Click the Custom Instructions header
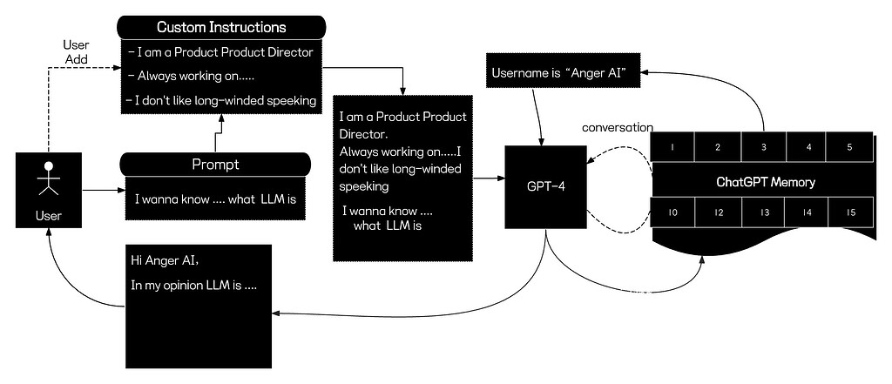coord(221,28)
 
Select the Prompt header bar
coord(215,164)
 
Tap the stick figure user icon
coord(49,179)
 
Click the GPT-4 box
coord(544,186)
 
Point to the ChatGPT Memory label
coord(762,182)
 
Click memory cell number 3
coord(764,147)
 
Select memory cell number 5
coord(849,147)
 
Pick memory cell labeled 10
coord(673,212)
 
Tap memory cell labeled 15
coord(849,212)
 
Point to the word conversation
coord(618,127)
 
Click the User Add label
coord(78,51)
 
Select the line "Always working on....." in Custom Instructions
coord(179,76)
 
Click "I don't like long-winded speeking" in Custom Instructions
coord(221,100)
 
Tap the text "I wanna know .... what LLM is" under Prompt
coord(215,199)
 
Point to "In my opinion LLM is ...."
coord(193,285)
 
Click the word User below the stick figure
coord(49,212)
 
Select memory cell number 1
coord(673,147)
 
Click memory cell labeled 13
coord(764,212)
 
